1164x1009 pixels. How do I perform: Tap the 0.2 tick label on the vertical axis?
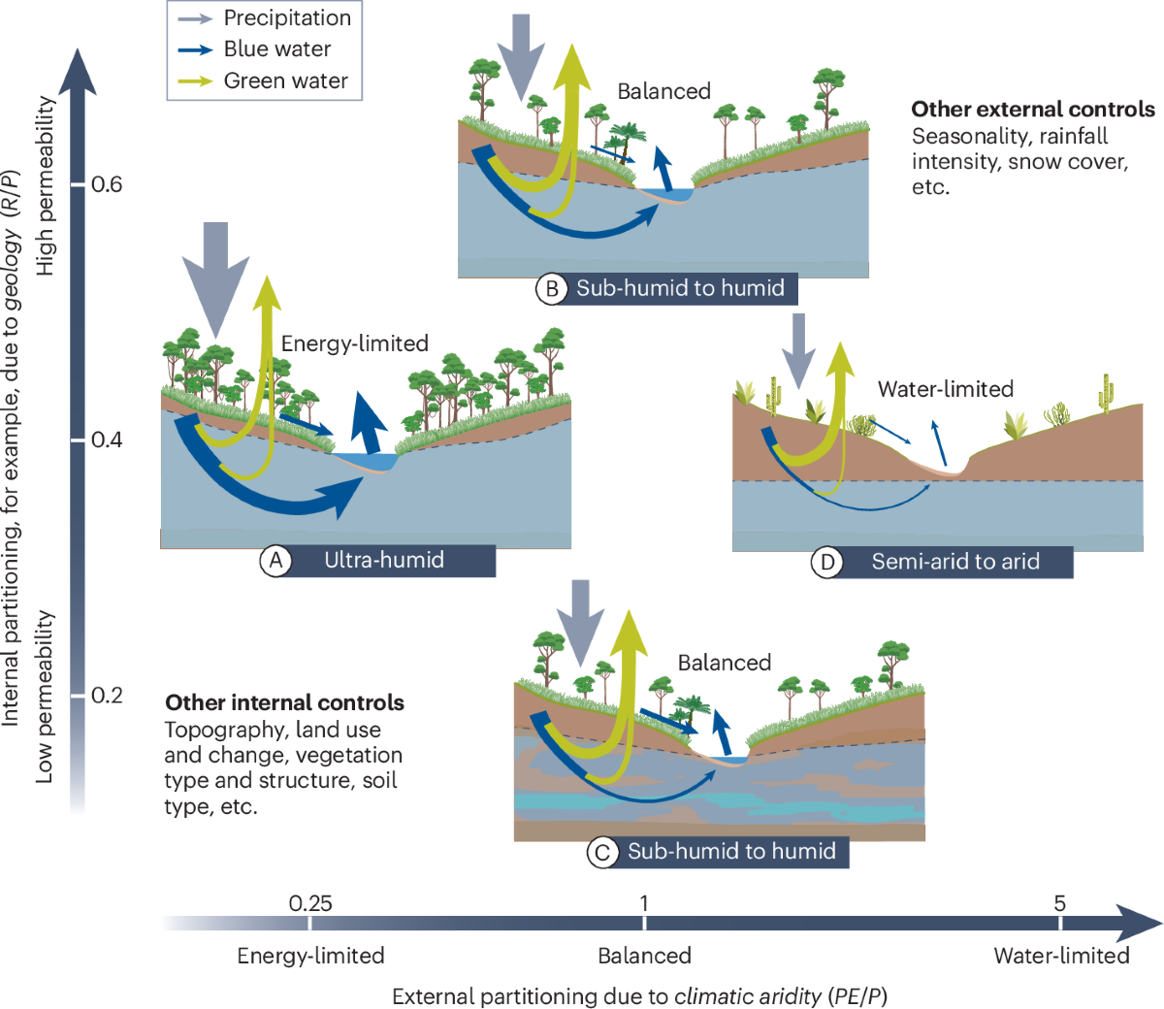[x=107, y=696]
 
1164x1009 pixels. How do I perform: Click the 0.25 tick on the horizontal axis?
[x=310, y=904]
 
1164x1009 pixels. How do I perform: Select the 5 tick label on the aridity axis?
[x=1059, y=903]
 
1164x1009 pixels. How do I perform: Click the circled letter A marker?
[x=276, y=561]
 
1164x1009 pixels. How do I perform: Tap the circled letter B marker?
[x=552, y=288]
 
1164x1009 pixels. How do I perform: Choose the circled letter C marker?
[x=603, y=852]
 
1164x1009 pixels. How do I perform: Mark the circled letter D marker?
[x=827, y=562]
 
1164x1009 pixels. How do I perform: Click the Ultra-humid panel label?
[x=384, y=560]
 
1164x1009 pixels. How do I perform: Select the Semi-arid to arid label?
[x=955, y=562]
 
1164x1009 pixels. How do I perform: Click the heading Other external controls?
[x=1033, y=110]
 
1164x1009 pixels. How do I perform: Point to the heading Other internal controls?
[x=284, y=702]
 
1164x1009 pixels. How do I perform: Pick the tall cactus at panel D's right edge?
[x=1105, y=393]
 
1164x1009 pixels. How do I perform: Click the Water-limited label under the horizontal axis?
[x=1061, y=956]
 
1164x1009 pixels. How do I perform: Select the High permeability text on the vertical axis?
[x=46, y=184]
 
